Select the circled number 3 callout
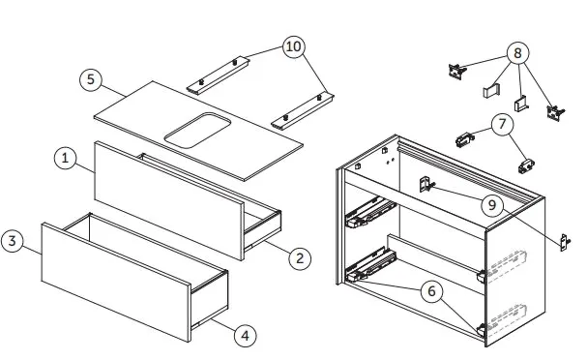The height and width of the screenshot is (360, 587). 12,241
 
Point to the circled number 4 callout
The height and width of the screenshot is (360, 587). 246,335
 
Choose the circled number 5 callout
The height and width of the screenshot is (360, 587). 90,79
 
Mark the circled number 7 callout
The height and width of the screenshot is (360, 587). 501,124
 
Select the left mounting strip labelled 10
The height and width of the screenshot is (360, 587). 219,74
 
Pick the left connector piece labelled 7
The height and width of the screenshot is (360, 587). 465,138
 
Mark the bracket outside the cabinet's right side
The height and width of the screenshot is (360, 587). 566,241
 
